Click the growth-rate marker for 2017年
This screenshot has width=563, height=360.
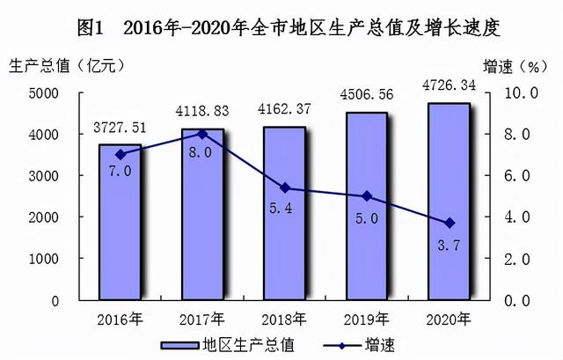[x=202, y=135]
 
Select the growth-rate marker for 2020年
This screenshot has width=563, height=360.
[x=449, y=223]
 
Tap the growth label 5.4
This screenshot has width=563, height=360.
[x=284, y=211]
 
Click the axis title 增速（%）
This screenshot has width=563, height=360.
[x=515, y=66]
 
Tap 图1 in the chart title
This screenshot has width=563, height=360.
[x=91, y=27]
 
